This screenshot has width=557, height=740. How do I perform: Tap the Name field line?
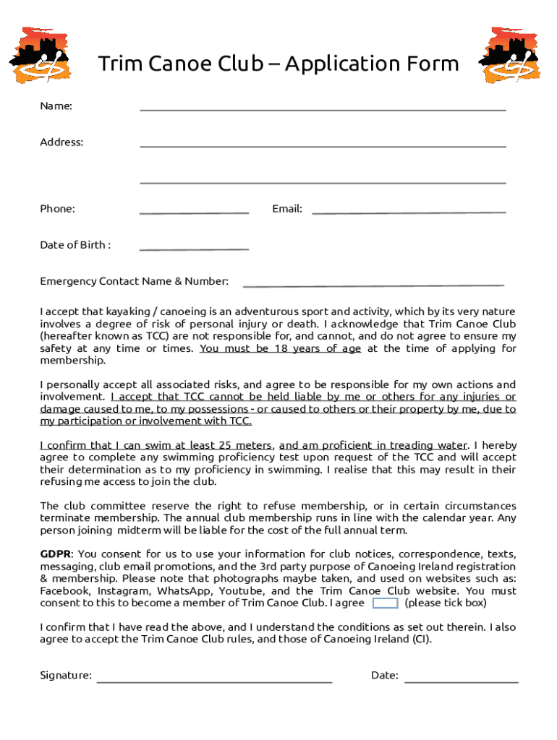pos(323,109)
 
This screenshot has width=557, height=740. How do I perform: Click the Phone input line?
pos(194,212)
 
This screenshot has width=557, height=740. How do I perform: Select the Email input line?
pos(409,212)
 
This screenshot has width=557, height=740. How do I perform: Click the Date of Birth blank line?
pos(194,248)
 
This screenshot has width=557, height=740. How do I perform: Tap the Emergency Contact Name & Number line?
pos(373,284)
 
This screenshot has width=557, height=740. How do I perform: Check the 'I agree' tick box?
pos(385,603)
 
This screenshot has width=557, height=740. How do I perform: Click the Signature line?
pos(214,681)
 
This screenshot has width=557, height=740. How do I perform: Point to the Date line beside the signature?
pos(462,681)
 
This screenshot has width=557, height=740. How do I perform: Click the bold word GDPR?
pos(55,554)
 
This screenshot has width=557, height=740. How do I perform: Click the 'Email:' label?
pos(287,209)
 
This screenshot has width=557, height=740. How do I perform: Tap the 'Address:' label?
pos(61,142)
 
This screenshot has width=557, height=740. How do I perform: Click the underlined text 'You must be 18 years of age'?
pos(280,348)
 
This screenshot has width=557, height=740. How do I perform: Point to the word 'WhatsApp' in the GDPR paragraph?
pos(179,591)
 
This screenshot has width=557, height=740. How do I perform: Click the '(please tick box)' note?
pos(446,603)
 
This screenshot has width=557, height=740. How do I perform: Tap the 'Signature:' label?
pos(66,676)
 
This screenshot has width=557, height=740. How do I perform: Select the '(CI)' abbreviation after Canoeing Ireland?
pos(422,639)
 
